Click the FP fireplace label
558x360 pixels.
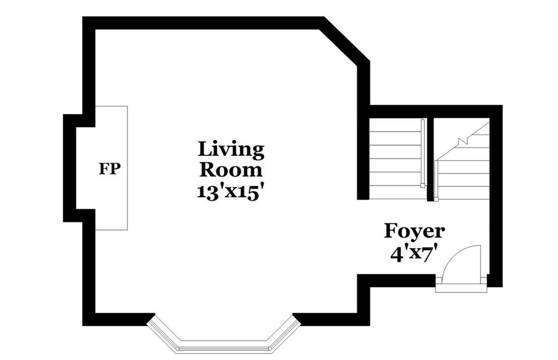110,169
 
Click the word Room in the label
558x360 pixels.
231,170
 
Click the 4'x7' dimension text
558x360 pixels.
414,255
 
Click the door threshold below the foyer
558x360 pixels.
461,288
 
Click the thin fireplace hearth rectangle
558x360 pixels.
111,168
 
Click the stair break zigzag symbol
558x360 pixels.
463,141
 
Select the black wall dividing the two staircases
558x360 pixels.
430,159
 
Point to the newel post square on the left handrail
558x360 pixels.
423,185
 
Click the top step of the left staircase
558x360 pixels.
395,125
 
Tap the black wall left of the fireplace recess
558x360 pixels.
70,168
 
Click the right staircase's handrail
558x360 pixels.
436,181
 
